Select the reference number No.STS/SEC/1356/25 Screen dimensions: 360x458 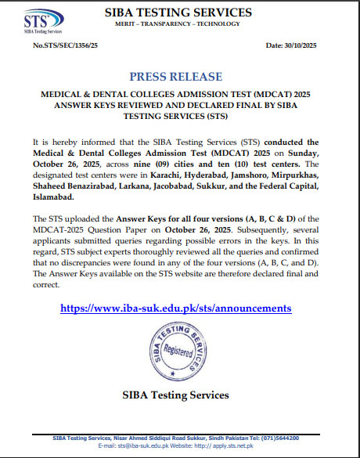(67, 47)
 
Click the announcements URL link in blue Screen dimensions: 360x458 (176, 308)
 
